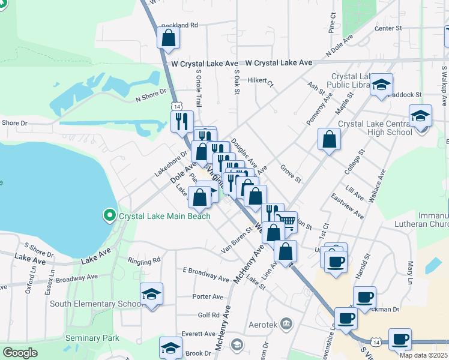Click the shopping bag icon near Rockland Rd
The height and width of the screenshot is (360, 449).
click(x=169, y=38)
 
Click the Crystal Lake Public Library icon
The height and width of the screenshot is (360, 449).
click(x=381, y=85)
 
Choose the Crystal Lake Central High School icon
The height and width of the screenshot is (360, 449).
click(x=420, y=115)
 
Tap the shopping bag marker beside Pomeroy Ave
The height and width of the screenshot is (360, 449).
click(x=330, y=140)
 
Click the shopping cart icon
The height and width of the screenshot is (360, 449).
click(x=286, y=221)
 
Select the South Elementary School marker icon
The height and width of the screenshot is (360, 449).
click(x=151, y=294)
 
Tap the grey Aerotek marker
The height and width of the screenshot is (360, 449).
click(x=286, y=325)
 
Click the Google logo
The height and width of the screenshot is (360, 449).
click(x=20, y=353)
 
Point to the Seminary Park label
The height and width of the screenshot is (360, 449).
click(x=92, y=338)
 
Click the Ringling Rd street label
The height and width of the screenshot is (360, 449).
click(x=144, y=261)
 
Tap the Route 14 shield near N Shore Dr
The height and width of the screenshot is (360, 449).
click(x=176, y=106)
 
